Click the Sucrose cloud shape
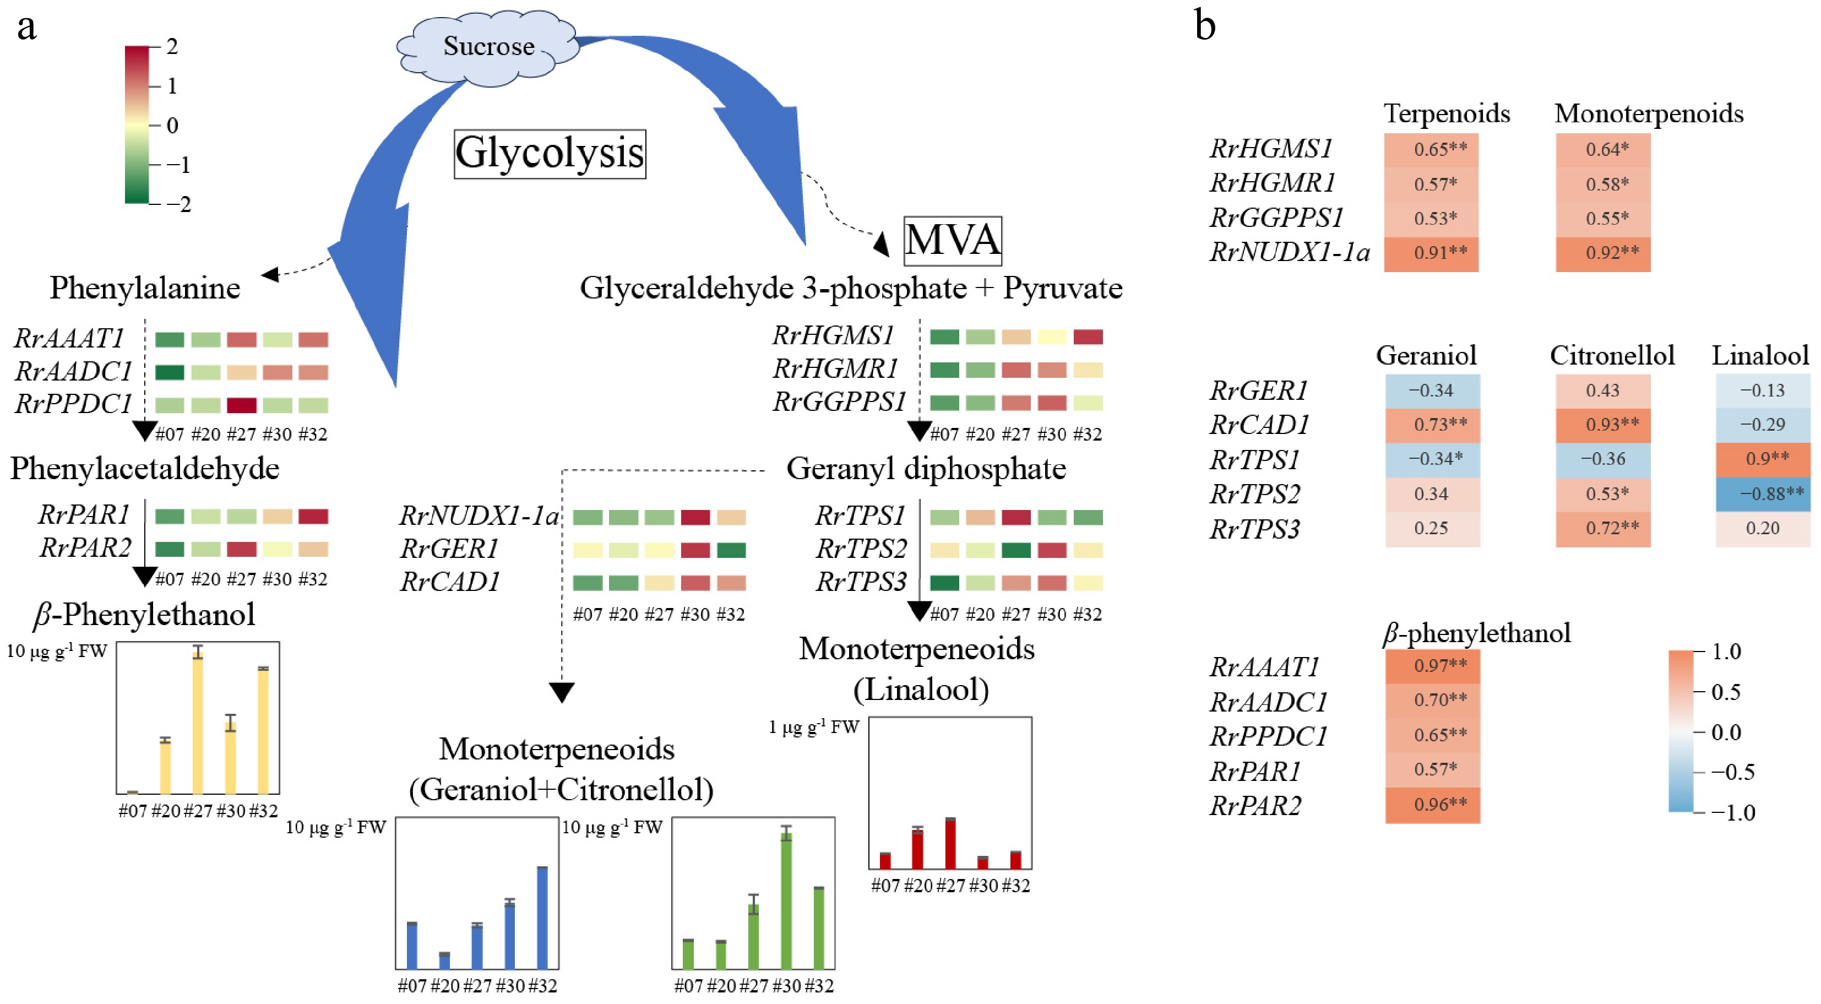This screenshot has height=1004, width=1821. [488, 47]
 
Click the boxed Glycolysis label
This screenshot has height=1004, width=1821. [549, 154]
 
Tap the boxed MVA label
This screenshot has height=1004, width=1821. [952, 240]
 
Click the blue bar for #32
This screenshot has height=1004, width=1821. [542, 917]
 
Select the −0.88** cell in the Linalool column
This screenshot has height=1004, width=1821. [1763, 493]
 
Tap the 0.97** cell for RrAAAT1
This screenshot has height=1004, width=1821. [1432, 666]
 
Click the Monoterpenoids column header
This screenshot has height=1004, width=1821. [1649, 114]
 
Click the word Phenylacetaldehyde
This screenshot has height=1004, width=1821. [145, 469]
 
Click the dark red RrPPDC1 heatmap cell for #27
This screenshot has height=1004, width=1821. [242, 405]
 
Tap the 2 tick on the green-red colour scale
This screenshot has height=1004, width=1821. [171, 47]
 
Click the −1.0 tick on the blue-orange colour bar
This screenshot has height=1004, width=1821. [1732, 813]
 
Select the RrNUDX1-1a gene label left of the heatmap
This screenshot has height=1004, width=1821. [479, 516]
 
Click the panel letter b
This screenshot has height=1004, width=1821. [1205, 27]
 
